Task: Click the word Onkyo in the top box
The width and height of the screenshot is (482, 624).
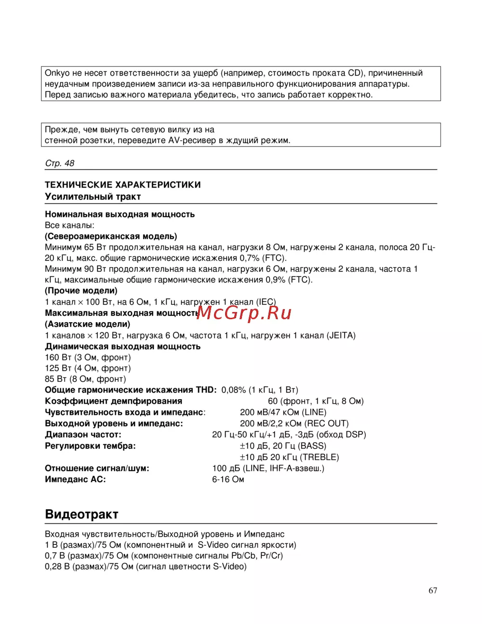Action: (57, 73)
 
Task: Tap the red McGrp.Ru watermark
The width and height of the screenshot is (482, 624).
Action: (244, 313)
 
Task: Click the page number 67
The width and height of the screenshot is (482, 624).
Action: (433, 590)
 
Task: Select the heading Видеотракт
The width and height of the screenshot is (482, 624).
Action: (81, 514)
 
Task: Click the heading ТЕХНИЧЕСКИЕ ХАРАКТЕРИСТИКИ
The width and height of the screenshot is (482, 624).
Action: (123, 185)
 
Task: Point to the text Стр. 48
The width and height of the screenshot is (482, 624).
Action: (60, 163)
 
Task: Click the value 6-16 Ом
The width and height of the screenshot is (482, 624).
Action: (228, 479)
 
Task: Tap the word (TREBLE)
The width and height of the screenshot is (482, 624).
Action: (320, 457)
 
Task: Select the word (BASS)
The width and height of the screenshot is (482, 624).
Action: (312, 446)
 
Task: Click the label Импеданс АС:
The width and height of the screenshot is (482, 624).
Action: (75, 479)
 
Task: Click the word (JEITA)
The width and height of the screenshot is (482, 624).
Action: (341, 336)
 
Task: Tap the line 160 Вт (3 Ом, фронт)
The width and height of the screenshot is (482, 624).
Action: (88, 357)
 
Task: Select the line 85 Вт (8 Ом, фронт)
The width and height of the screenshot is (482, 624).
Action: (85, 379)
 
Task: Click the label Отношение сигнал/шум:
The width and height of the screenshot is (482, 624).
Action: (97, 468)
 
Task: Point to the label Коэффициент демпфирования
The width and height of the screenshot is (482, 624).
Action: (113, 401)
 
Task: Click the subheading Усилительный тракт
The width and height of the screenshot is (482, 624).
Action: (93, 197)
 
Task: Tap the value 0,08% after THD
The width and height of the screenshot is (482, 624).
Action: (234, 390)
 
